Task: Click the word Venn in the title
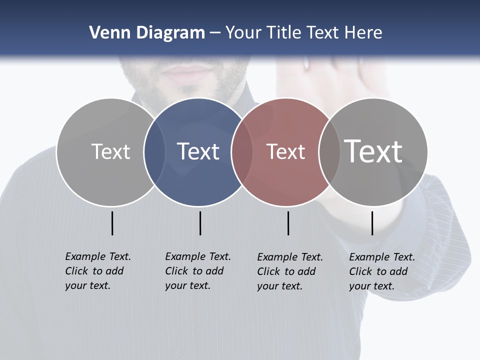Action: coord(107,33)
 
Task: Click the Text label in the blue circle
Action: coord(198,151)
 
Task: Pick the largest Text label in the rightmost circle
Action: coord(373,151)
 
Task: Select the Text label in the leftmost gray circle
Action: coord(110,151)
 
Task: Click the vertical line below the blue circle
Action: coord(200,223)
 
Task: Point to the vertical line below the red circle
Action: coord(288,223)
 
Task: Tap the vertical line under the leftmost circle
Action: coord(112,223)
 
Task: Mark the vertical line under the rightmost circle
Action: coord(372,223)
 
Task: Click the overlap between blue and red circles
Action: coord(242,152)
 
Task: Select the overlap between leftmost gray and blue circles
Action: coord(154,152)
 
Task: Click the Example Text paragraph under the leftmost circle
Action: coord(97,271)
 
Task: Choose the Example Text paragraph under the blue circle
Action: coord(197,271)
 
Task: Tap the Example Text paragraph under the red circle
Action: coord(289,271)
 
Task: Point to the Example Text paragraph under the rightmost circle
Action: coord(381,271)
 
